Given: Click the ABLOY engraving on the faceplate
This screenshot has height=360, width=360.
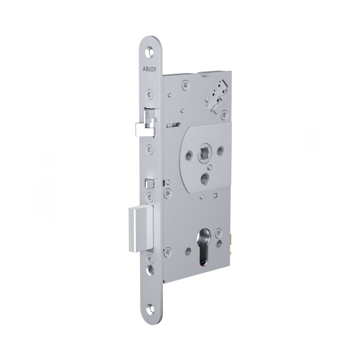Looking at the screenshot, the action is click(x=150, y=69).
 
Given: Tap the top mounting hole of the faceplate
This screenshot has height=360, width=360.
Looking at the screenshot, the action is click(x=150, y=52).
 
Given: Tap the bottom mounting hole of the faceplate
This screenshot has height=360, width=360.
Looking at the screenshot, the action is click(x=150, y=307).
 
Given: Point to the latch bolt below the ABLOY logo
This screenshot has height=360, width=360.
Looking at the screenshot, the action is click(x=146, y=124).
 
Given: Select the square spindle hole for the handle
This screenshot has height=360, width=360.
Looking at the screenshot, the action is click(x=203, y=152).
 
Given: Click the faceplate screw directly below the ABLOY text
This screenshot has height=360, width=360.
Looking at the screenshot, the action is click(x=150, y=94).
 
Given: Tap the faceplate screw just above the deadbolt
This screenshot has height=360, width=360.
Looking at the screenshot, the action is click(x=150, y=197).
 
